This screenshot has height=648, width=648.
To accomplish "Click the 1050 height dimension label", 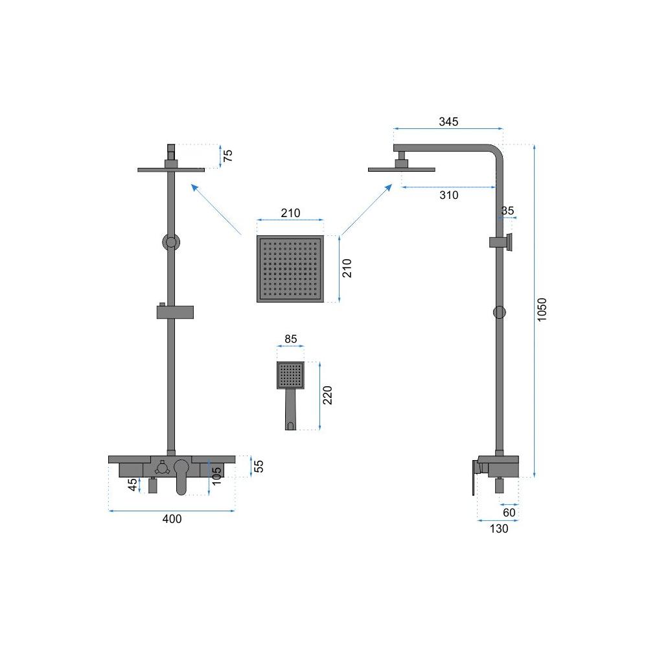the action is coord(541,310).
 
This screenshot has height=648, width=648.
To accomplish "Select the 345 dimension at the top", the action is coord(448,122).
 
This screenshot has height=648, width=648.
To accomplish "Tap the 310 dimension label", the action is coord(449,195).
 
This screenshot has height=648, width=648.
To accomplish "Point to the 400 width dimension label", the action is coord(172,518).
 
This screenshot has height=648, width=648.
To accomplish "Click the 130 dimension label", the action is coord(499,529).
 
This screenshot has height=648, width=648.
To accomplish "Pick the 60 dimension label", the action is coord(509,513).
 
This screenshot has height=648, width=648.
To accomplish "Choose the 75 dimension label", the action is coord(227,156).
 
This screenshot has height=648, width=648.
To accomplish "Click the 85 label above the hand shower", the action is coord(290,339).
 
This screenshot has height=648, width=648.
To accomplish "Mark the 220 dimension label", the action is coord(327,395).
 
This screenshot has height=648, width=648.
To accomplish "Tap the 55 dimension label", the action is coord(259,466).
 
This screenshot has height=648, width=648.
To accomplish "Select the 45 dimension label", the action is coord(132,484).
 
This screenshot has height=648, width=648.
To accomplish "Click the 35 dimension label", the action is coord(507,211).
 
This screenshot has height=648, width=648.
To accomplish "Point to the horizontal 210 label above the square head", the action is coord(290,213).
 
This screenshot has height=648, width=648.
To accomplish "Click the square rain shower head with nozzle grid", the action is coord(290,269).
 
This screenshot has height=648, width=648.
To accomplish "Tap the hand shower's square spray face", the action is coord(290,375).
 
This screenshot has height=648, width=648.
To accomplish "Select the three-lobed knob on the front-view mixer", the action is coord(162,469).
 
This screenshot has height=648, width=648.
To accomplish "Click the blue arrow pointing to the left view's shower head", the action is coord(216,209).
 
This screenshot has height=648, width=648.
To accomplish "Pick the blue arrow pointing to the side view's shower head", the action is coord(366,209).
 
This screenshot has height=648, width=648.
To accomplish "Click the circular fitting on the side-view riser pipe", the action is coord(499,312).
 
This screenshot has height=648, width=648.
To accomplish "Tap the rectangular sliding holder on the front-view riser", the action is coord(175,312).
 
